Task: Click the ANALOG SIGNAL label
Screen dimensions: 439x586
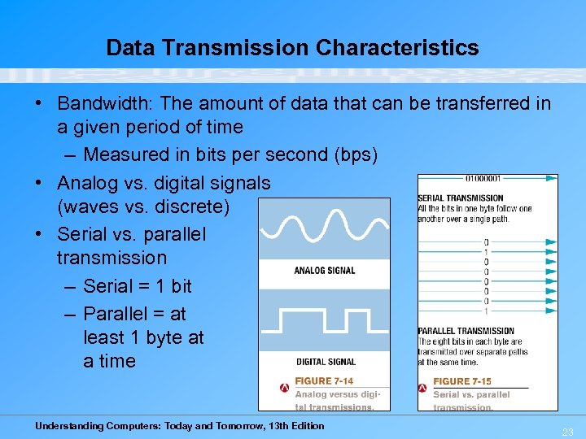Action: tap(325, 271)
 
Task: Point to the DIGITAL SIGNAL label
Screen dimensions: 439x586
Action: tap(326, 362)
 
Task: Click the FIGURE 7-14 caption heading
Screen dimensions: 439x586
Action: tap(324, 381)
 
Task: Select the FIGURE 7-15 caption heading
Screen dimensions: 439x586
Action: tap(462, 381)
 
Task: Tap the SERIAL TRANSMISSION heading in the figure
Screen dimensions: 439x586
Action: tap(461, 198)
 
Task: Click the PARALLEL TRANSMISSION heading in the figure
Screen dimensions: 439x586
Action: tap(466, 331)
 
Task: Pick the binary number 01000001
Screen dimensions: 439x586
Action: tap(483, 179)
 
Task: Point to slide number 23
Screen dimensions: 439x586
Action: tap(568, 432)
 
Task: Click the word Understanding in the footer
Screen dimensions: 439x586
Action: tap(69, 426)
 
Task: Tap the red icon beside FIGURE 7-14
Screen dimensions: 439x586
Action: tap(284, 388)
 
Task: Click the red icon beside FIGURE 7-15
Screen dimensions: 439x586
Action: tap(423, 388)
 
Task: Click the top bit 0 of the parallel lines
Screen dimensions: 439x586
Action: tap(486, 242)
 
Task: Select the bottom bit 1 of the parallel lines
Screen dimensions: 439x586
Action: tap(486, 311)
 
